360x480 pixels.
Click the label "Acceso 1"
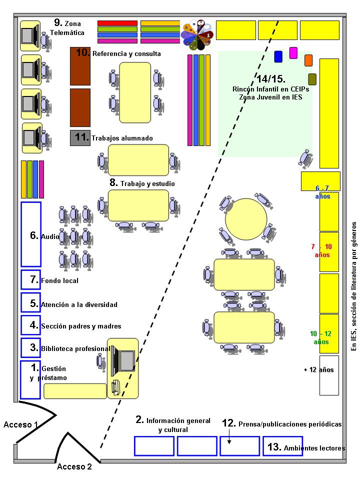(21, 424)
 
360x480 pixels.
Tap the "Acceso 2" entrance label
(74, 467)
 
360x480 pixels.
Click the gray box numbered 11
(79, 137)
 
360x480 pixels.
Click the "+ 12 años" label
(318, 370)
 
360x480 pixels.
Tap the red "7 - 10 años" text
(321, 250)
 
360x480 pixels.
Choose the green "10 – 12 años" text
(321, 337)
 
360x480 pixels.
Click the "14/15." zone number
(270, 79)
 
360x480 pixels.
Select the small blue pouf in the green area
(278, 56)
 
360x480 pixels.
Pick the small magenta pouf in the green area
(293, 52)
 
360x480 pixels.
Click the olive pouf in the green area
(312, 79)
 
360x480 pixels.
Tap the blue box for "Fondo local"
(30, 279)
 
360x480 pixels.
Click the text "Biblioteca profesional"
(75, 348)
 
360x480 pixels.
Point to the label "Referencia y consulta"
(126, 53)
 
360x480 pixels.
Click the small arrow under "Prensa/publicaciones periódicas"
(229, 438)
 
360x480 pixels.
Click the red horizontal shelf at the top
(117, 23)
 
